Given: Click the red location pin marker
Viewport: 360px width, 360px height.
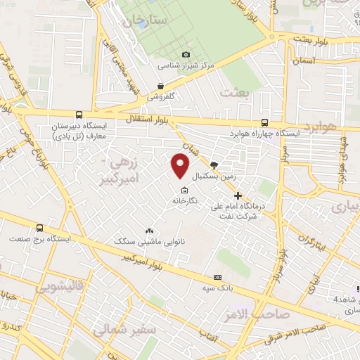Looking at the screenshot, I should pyautogui.click(x=180, y=166).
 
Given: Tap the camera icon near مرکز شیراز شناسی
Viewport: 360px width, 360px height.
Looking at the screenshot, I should pyautogui.click(x=186, y=55).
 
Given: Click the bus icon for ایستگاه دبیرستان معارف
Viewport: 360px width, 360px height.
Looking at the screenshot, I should pyautogui.click(x=78, y=115).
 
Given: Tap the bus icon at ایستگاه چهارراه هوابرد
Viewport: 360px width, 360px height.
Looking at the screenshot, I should pyautogui.click(x=264, y=122).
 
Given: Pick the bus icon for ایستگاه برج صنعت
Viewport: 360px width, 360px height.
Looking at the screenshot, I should pyautogui.click(x=39, y=228).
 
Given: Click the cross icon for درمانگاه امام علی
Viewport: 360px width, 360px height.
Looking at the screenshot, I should pyautogui.click(x=238, y=195).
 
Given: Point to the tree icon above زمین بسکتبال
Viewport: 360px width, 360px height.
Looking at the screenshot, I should pyautogui.click(x=214, y=164).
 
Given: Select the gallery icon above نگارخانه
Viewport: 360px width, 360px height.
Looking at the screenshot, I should pyautogui.click(x=184, y=191).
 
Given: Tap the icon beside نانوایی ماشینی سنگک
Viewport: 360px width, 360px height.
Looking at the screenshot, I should pyautogui.click(x=149, y=231).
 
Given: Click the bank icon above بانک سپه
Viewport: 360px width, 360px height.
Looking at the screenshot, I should pyautogui.click(x=217, y=277).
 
